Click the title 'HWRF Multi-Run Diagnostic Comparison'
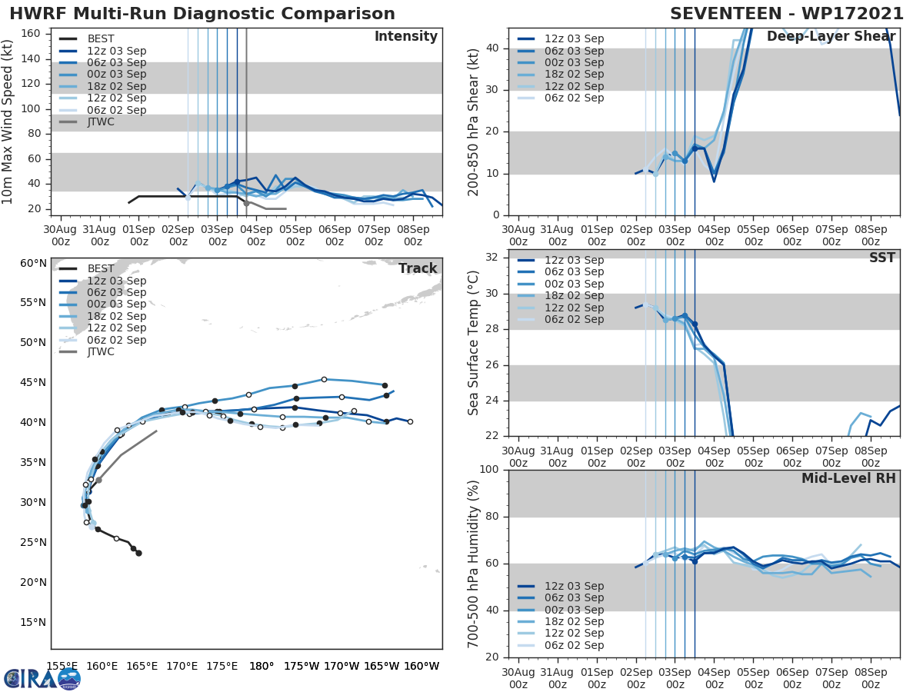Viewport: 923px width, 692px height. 202,14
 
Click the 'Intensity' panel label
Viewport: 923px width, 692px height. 406,37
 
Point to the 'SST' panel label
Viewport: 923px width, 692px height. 881,258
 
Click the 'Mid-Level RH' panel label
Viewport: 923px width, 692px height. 848,478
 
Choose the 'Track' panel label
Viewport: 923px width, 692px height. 418,268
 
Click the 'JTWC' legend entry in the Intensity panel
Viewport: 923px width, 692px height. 101,121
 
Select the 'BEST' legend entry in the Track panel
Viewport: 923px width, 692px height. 101,268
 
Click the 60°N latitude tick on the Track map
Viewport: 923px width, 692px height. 32,263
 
